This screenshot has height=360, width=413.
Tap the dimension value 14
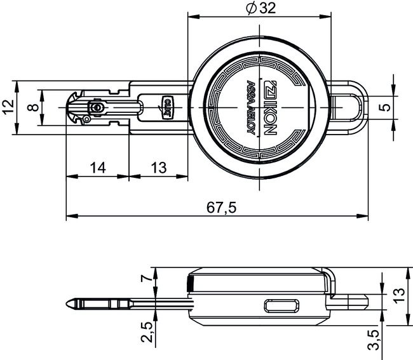[x=98, y=168]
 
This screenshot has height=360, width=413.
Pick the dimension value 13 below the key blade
[x=159, y=168]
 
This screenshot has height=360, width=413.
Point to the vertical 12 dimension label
[x=8, y=108]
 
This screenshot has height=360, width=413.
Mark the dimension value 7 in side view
[x=146, y=277]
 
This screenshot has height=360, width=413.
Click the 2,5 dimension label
[x=146, y=331]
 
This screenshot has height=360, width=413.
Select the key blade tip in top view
[x=71, y=108]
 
